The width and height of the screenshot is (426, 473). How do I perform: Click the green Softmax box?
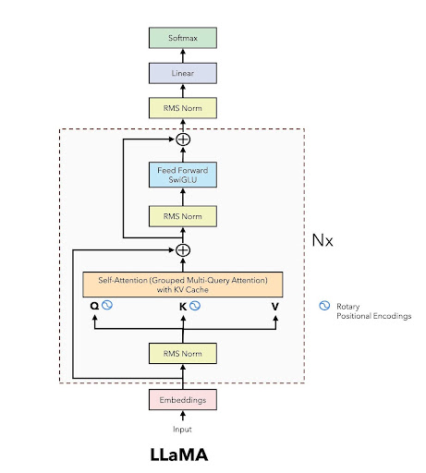pyautogui.click(x=183, y=38)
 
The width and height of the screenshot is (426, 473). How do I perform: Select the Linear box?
pyautogui.click(x=183, y=73)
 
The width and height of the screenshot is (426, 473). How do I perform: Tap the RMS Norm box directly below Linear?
pyautogui.click(x=183, y=108)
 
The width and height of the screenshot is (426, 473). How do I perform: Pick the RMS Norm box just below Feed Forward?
pyautogui.click(x=183, y=215)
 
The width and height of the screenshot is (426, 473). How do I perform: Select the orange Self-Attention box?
pyautogui.click(x=183, y=283)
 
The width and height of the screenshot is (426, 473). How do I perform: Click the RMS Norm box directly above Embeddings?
pyautogui.click(x=183, y=353)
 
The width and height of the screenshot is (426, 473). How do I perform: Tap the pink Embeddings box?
pyautogui.click(x=183, y=399)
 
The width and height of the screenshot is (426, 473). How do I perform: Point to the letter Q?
pyautogui.click(x=93, y=306)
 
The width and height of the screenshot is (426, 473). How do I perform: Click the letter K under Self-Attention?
pyautogui.click(x=183, y=306)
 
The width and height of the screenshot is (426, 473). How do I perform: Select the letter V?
pyautogui.click(x=274, y=306)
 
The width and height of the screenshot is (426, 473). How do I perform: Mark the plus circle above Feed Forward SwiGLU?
pyautogui.click(x=183, y=139)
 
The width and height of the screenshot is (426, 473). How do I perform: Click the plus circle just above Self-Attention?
pyautogui.click(x=183, y=249)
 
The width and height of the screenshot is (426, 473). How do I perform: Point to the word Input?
pyautogui.click(x=183, y=430)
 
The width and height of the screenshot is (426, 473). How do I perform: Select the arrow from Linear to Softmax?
pyautogui.click(x=183, y=55)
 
